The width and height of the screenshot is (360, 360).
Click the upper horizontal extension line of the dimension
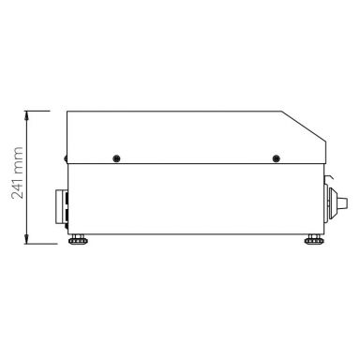[42, 111]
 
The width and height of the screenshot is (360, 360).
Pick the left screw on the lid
[115, 157]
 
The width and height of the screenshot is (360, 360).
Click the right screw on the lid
[275, 157]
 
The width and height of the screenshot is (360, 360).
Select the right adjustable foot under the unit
[311, 242]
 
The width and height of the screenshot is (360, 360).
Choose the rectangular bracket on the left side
[63, 207]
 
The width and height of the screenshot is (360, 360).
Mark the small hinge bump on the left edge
[65, 158]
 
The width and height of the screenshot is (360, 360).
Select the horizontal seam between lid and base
[197, 164]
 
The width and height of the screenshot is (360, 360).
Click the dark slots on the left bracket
[66, 207]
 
